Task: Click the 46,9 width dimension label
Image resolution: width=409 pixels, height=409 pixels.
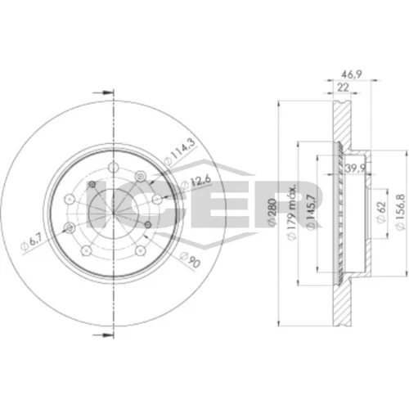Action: pos(351,74)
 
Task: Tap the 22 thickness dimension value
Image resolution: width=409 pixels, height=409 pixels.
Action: pos(343,88)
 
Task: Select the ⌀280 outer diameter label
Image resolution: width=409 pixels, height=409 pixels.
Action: pos(272,212)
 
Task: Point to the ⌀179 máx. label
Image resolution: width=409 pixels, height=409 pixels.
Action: pos(292,213)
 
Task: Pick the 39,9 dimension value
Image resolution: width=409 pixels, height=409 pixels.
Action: pos(355,169)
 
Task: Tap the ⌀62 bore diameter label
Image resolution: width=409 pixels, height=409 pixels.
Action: pos(381,212)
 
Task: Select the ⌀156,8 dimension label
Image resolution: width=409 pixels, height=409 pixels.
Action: pos(400,212)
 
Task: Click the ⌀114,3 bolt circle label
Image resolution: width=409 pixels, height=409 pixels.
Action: pos(180,152)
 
